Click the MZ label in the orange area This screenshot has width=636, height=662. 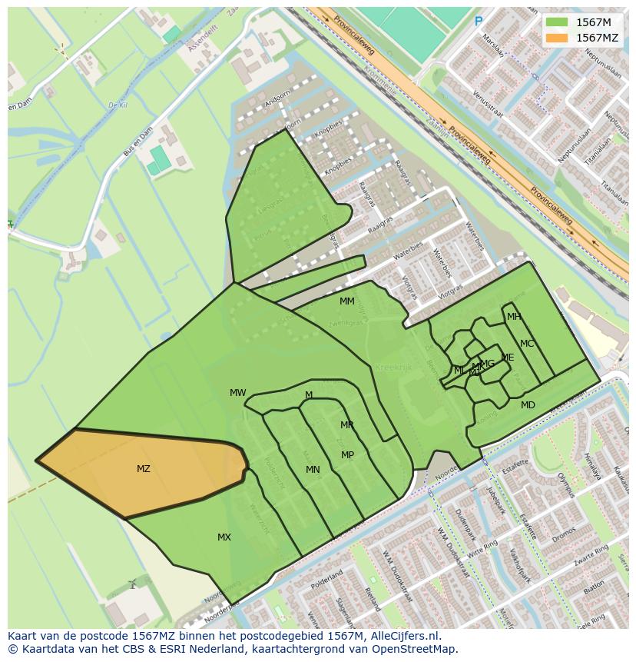pos(144,469)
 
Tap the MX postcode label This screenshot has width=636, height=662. pos(224,537)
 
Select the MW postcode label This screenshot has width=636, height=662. pos(238,393)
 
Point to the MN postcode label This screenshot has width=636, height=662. pos(313,470)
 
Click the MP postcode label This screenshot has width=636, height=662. pos(348,455)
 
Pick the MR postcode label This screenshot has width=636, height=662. pos(347,425)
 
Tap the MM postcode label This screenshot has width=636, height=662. pos(347,301)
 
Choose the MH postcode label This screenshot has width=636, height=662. pos(514,317)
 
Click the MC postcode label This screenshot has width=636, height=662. pos(527,344)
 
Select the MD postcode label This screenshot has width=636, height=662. pos(528,405)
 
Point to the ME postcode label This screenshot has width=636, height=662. pos(508,358)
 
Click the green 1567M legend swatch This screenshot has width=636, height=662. pos(557,22)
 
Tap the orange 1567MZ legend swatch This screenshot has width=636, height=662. pos(557,38)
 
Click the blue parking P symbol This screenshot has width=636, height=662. pos(479,22)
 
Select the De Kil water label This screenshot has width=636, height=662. pos(117,105)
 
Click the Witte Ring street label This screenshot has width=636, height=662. pos(483,551)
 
